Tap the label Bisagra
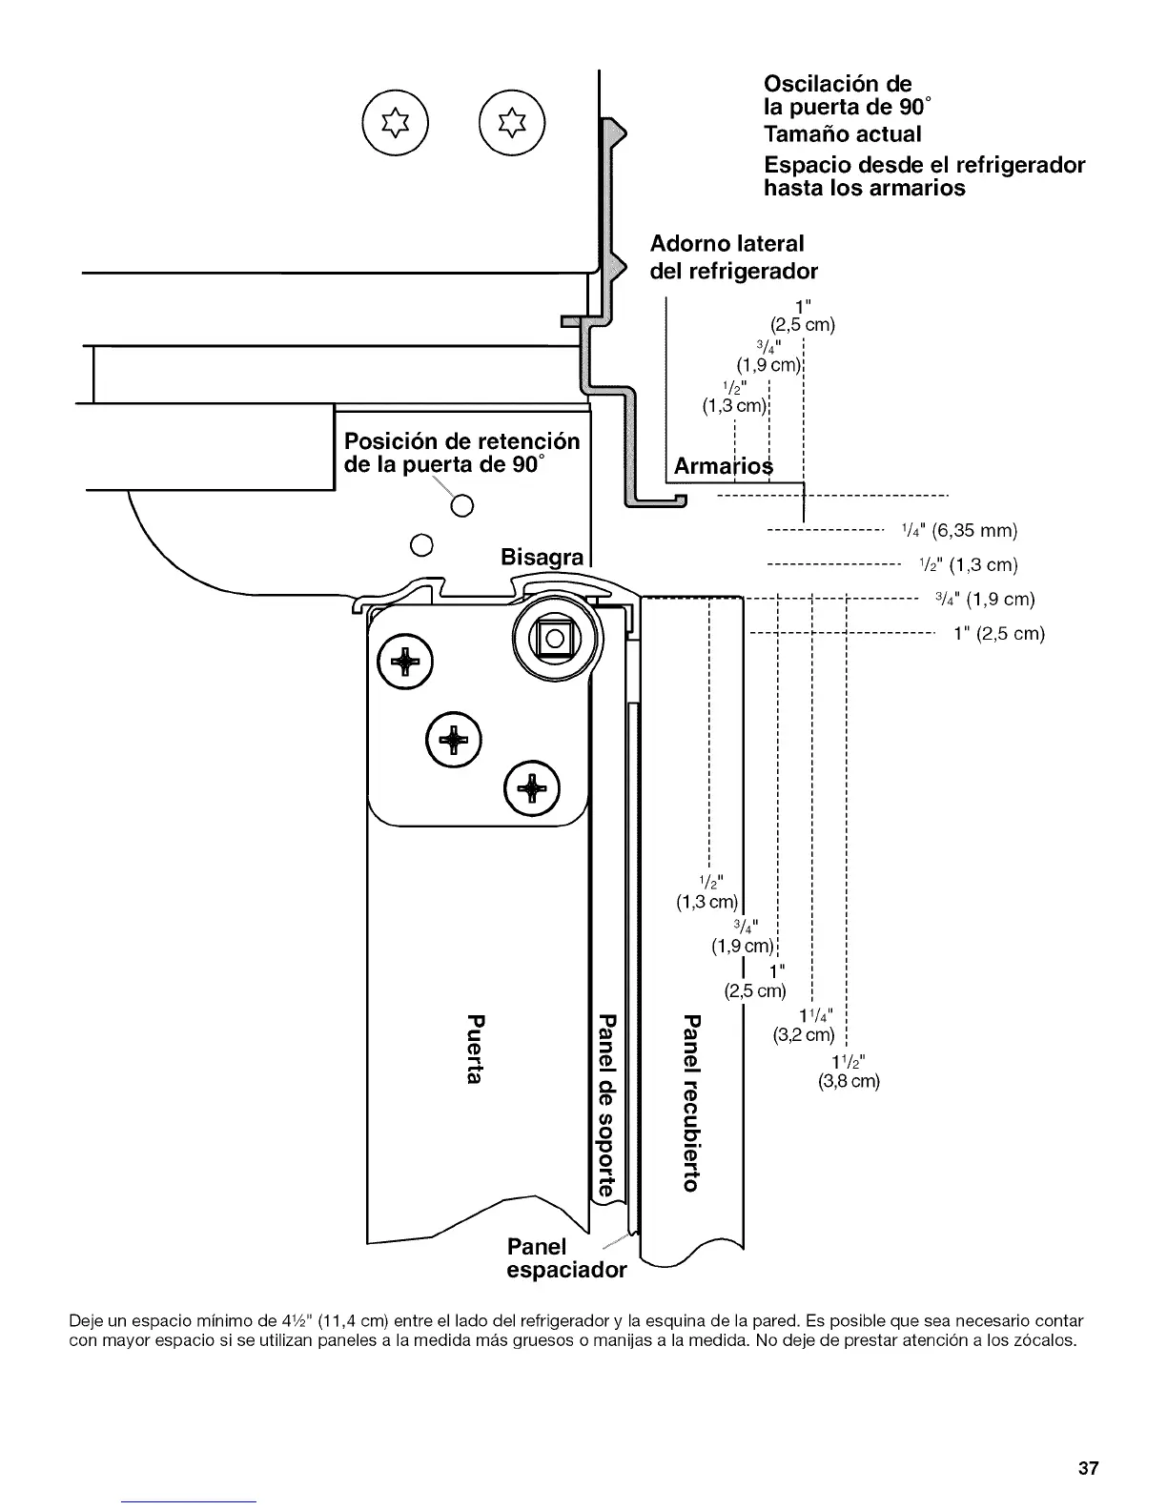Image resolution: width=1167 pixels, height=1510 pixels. point(542,557)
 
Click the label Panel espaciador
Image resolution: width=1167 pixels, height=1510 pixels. point(565,1258)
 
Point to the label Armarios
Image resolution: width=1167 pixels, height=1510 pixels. point(724,467)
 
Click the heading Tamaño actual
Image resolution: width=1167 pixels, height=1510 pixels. point(843,133)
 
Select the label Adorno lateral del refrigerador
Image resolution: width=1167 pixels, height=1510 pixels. point(733,257)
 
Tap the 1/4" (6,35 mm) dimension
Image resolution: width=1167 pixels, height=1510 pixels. point(959,530)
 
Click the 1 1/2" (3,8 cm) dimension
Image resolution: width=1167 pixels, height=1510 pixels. point(849,1072)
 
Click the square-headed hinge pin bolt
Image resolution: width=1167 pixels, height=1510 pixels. point(554,638)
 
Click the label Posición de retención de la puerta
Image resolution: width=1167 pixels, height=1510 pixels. point(461,453)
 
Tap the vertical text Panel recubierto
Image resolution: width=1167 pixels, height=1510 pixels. point(693,1103)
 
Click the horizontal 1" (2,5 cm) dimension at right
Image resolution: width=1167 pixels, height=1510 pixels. point(999,634)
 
